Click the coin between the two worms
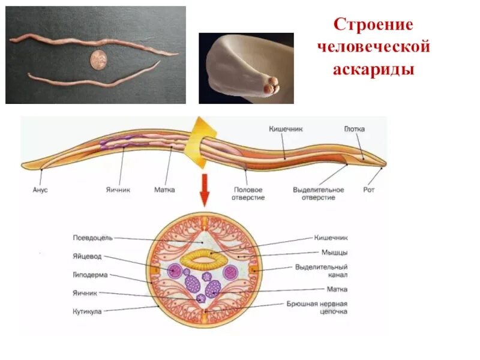click(97, 59)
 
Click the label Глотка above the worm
click(354, 129)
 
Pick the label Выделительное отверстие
click(318, 193)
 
